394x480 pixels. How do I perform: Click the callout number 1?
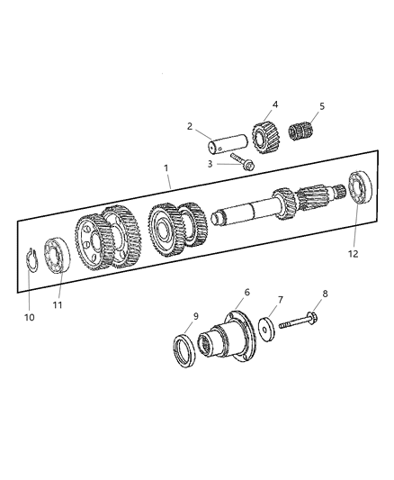[166, 168]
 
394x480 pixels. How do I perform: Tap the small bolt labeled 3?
[242, 162]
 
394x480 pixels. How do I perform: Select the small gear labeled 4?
[263, 136]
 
